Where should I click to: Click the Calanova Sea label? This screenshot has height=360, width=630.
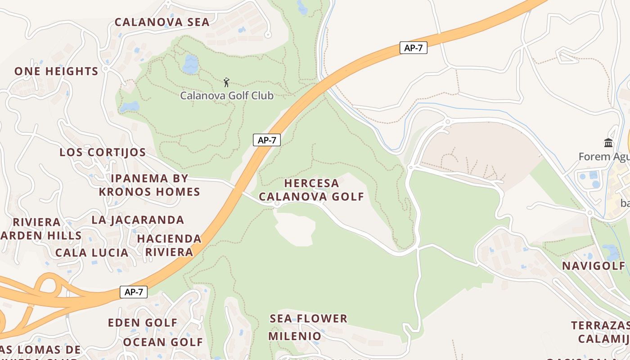tap(162, 22)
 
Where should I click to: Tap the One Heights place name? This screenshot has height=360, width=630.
tap(56, 71)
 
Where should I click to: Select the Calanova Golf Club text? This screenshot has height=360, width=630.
tap(227, 95)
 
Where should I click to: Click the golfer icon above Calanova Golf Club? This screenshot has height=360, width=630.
tap(226, 82)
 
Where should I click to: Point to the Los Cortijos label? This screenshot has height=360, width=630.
tap(103, 152)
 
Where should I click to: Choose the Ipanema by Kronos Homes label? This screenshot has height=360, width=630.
tap(149, 185)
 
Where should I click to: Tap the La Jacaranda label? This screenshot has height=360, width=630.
tap(138, 220)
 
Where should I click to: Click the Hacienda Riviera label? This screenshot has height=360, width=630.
tap(169, 245)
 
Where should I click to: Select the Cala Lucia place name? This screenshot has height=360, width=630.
tap(92, 252)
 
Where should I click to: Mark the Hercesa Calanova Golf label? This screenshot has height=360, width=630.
tap(311, 190)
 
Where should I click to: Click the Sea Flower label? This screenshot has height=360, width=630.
tap(309, 319)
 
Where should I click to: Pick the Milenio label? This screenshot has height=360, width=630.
tap(295, 336)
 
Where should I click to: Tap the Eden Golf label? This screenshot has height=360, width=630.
tap(143, 323)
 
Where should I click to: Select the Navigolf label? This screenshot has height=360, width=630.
tap(594, 265)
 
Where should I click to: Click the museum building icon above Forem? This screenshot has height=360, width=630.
tap(608, 143)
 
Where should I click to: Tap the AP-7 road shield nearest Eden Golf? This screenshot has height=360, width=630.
tap(134, 292)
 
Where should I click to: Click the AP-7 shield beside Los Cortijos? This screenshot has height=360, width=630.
tap(267, 140)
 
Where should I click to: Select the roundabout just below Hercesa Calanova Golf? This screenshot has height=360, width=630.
tap(277, 204)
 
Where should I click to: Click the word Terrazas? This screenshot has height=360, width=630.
tap(600, 325)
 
